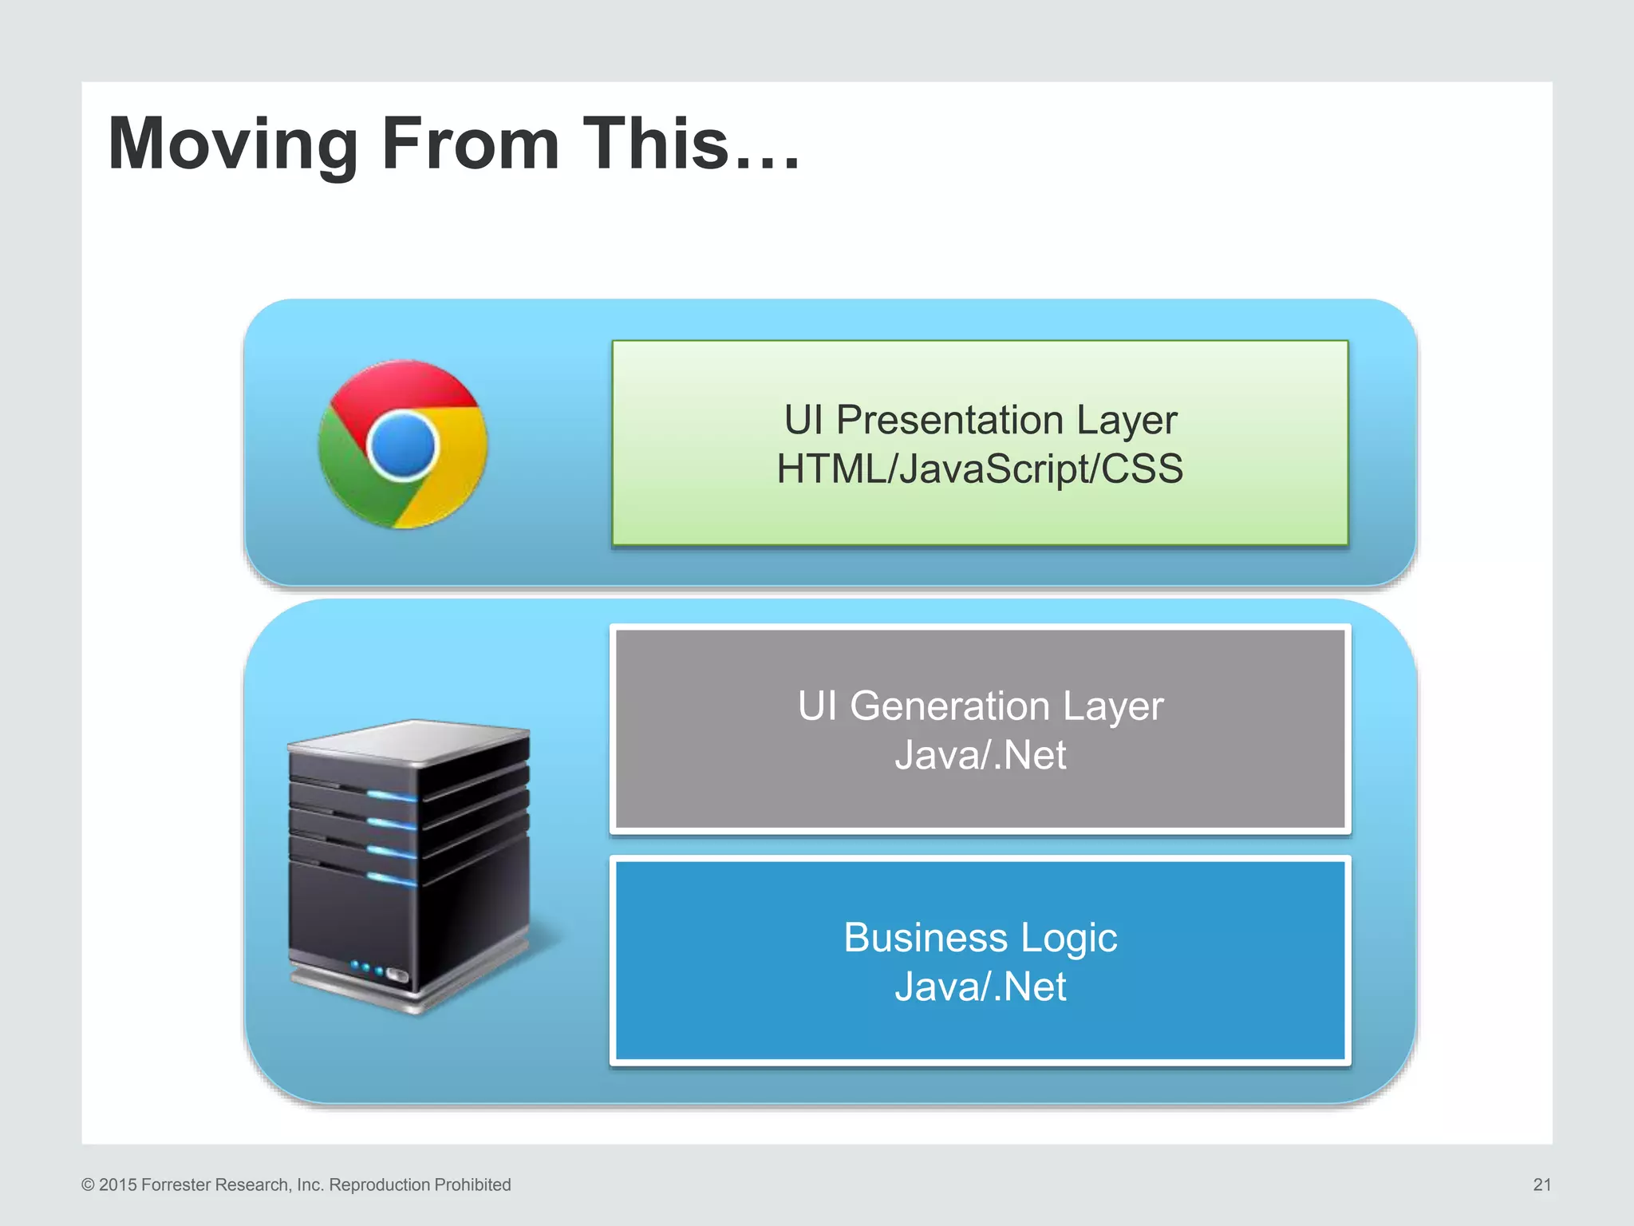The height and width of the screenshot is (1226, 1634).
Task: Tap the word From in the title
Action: (470, 144)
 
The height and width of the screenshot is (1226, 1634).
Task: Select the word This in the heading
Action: (656, 144)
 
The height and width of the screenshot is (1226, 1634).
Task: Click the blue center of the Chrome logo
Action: (403, 445)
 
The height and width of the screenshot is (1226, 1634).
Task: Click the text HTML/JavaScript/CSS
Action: (980, 469)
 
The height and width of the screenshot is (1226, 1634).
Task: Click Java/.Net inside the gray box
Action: (980, 755)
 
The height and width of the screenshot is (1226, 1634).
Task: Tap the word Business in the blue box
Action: (925, 937)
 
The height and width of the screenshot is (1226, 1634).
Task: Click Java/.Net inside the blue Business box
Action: (980, 987)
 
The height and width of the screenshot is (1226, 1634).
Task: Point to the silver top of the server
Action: (411, 739)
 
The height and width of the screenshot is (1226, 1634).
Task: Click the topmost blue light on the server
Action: (391, 795)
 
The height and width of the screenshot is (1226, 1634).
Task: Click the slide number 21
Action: (1541, 1184)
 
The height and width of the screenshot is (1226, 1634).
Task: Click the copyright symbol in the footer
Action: (88, 1184)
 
